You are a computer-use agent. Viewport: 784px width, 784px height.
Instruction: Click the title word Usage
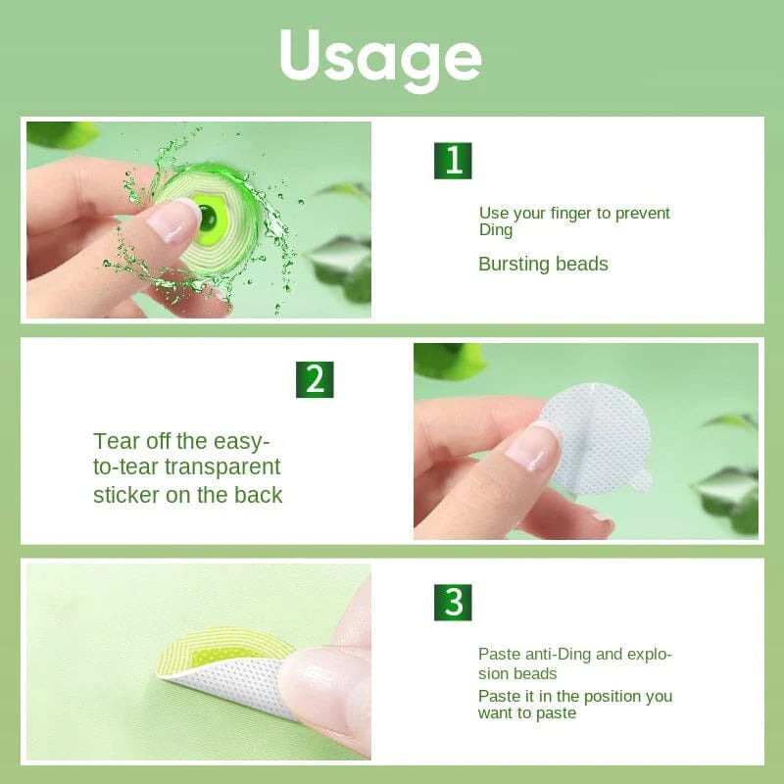pos(380,57)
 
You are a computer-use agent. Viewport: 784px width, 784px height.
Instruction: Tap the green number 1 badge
pos(453,161)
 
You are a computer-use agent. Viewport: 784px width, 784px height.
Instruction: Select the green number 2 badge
pos(315,379)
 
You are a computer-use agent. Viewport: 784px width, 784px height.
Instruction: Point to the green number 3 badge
pos(453,603)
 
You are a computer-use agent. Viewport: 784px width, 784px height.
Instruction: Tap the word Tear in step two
pos(115,441)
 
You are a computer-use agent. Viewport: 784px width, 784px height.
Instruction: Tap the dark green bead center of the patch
pos(209,217)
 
